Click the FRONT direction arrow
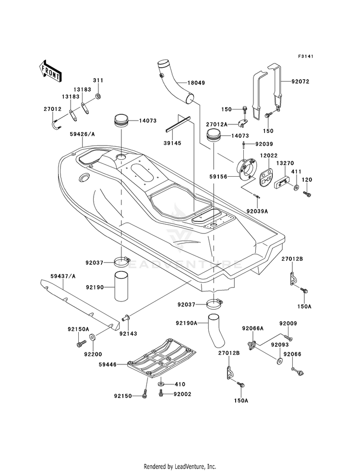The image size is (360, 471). [50, 71]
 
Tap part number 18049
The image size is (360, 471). [196, 83]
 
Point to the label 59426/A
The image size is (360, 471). [82, 134]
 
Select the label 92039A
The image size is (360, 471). [257, 211]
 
